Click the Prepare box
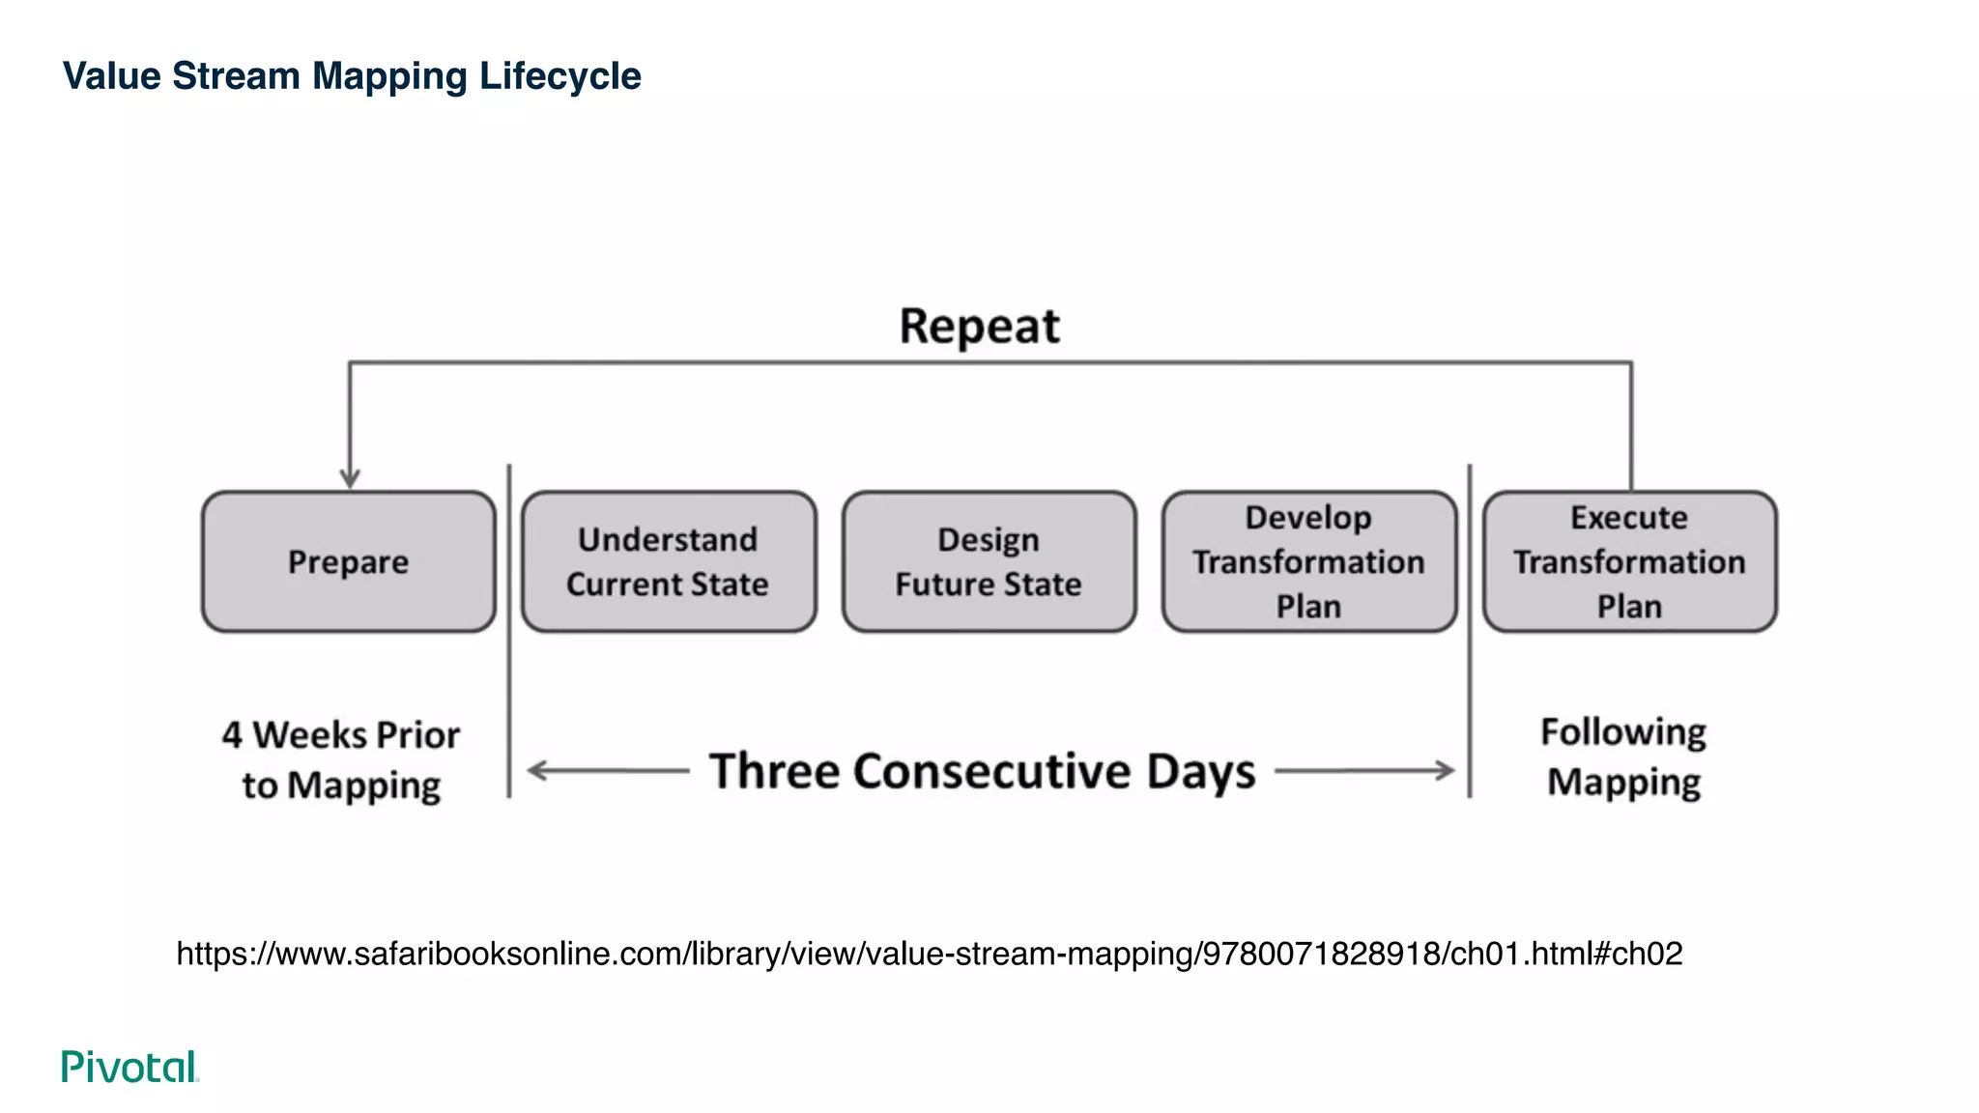coord(348,561)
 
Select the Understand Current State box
coord(668,561)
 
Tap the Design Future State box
coord(989,561)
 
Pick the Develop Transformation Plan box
coord(1308,561)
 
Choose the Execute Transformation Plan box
coord(1629,561)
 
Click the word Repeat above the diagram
coord(979,327)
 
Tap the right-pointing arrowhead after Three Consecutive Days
coord(1446,770)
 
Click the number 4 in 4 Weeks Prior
coord(232,735)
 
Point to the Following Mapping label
coord(1623,757)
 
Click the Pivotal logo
coord(129,1067)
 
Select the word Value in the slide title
coord(112,76)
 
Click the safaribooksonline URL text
coord(929,954)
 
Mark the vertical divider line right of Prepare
coord(509,676)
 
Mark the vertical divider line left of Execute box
coord(1470,676)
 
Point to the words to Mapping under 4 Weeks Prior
coord(341,785)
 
